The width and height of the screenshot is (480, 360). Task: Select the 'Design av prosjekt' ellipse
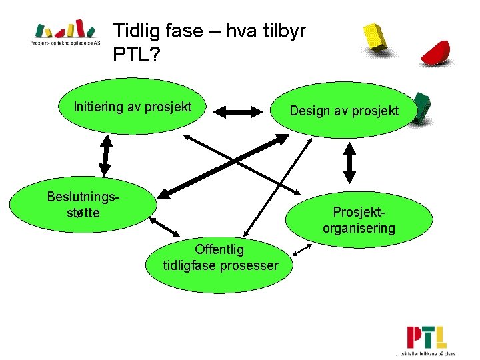[344, 111]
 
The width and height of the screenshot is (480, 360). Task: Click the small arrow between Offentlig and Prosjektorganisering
[303, 251]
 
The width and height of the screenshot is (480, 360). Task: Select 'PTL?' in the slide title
[136, 55]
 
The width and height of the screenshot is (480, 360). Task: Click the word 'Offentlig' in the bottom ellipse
[219, 249]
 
